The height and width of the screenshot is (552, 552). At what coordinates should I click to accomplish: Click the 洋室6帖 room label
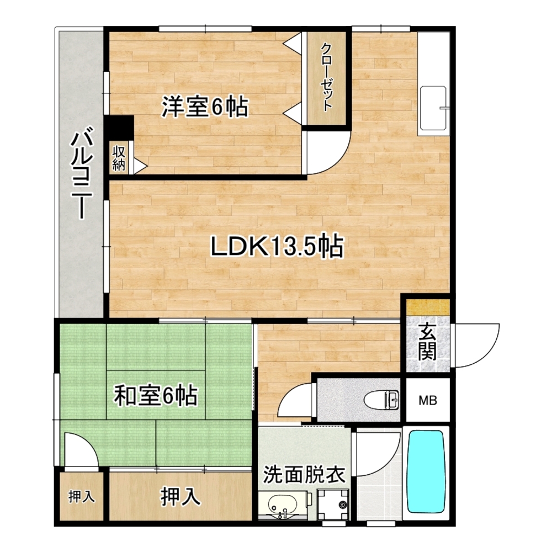[x=204, y=107]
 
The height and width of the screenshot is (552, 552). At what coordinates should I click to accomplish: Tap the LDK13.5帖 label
[x=278, y=247]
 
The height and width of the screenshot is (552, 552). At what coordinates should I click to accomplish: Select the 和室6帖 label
[x=156, y=395]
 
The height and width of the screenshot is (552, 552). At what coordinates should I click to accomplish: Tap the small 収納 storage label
[x=119, y=157]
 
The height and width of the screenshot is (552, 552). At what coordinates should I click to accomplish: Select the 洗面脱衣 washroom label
[x=304, y=474]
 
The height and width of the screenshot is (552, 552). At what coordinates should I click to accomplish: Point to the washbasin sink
[x=283, y=503]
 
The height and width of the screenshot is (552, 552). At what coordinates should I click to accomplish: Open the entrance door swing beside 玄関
[x=476, y=343]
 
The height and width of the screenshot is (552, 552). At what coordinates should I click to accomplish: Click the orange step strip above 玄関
[x=428, y=304]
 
